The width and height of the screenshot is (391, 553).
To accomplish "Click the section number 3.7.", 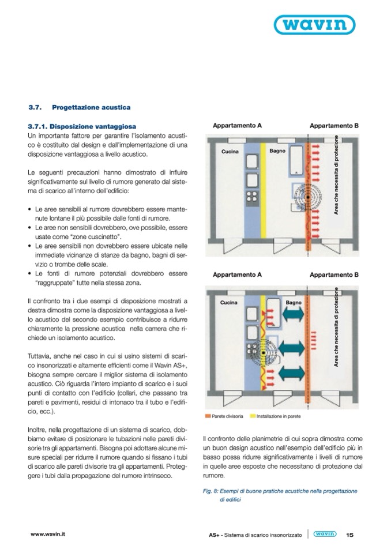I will [35, 107].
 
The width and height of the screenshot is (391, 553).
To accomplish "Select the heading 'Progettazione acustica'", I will [91, 107].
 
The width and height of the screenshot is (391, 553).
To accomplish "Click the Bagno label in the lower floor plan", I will [294, 302].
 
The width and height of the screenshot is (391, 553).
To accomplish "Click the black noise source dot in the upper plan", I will [309, 197].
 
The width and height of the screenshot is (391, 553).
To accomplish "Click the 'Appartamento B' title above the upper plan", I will [334, 125].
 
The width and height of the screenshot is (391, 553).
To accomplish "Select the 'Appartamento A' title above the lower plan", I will [237, 275].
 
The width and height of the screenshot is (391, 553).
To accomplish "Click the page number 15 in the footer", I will [350, 535].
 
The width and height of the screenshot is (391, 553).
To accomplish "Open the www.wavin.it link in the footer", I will [48, 535].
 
